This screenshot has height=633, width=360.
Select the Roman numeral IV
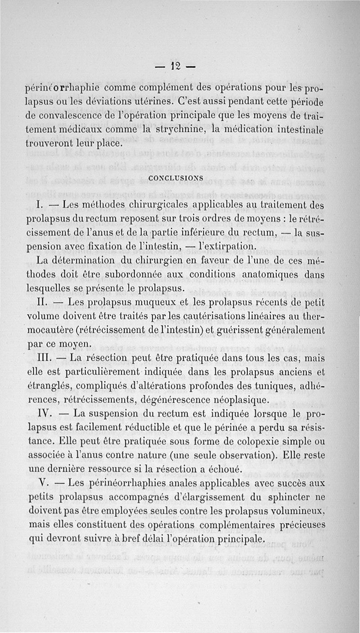coord(45,414)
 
